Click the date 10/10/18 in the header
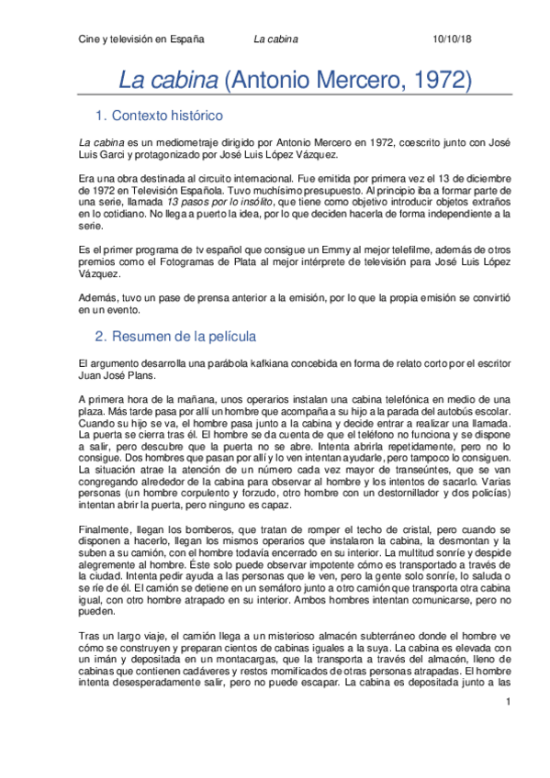(451, 40)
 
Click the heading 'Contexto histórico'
(172, 117)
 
